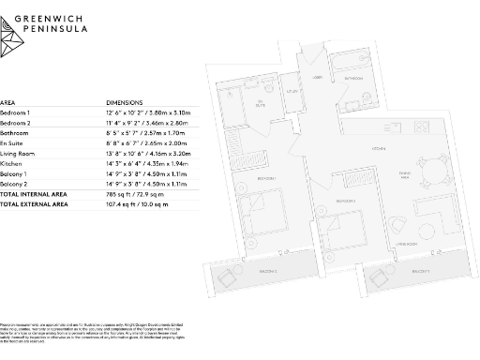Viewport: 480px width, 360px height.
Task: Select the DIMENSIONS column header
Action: click(x=126, y=101)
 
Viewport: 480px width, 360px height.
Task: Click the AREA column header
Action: click(x=7, y=101)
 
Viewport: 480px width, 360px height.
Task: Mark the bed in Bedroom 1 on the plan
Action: click(x=260, y=208)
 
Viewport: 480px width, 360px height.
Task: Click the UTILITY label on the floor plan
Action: click(x=292, y=91)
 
